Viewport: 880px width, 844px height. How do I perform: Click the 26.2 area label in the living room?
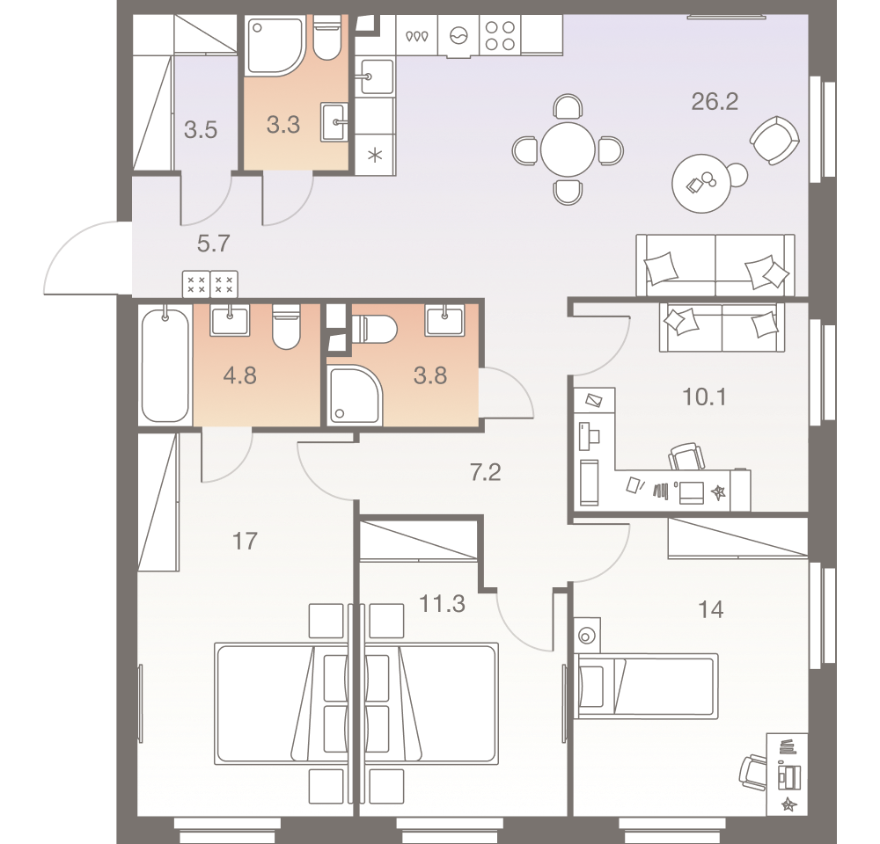[x=714, y=102]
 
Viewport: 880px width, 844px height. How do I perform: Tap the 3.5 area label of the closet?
[x=200, y=131]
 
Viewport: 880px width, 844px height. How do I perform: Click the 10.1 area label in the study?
[x=703, y=397]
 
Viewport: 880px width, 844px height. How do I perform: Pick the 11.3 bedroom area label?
[x=443, y=605]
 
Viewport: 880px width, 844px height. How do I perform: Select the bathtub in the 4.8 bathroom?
[x=165, y=364]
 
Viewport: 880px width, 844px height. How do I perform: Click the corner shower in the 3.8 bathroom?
[x=354, y=396]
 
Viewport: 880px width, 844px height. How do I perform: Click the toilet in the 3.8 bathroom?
[x=373, y=329]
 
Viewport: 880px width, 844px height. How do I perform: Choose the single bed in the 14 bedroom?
[x=645, y=685]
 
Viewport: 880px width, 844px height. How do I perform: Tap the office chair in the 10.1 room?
[x=687, y=457]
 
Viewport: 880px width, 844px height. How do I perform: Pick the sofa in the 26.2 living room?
[x=715, y=265]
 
